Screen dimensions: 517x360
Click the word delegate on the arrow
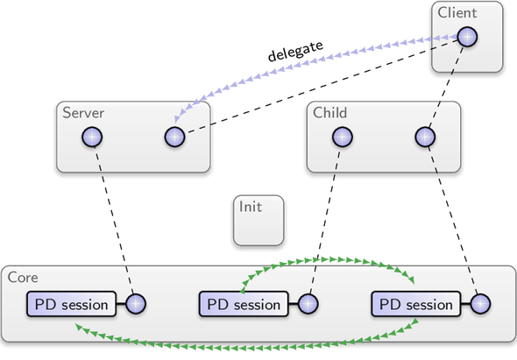coord(295,51)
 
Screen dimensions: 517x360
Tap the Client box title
coord(457,13)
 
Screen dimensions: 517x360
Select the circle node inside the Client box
coord(467,37)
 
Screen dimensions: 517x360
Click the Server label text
coord(83,113)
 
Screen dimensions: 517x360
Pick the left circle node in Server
coord(92,137)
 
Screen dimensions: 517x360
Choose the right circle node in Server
coord(174,137)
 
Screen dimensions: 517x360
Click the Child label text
coord(329,113)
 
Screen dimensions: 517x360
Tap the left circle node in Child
coord(343,137)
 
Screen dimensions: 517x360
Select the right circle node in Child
coord(425,137)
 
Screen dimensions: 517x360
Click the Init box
coord(258,220)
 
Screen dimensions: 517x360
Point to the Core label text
coord(23,278)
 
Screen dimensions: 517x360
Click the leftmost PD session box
coord(72,304)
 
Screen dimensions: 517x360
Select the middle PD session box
coord(244,304)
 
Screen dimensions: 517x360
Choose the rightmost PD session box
coord(416,304)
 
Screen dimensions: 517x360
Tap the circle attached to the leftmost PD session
coord(136,304)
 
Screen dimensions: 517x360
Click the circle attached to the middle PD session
coord(308,304)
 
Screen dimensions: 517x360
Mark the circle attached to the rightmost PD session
coord(480,304)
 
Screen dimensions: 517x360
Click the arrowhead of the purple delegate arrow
coord(178,119)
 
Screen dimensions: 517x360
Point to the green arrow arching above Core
coord(327,259)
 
